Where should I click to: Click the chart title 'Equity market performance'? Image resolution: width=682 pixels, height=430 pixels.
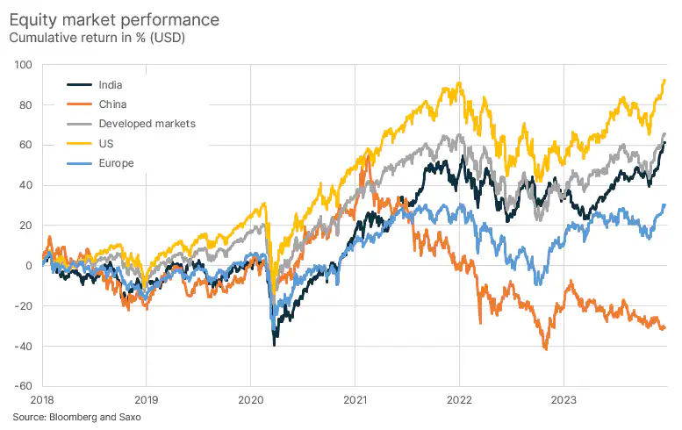[114, 18]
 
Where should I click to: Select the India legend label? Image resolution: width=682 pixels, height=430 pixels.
[111, 85]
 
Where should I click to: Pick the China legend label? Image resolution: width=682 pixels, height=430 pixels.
[113, 104]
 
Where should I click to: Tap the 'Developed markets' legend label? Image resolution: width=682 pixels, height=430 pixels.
[147, 124]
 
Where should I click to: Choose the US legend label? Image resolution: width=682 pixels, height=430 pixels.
[107, 143]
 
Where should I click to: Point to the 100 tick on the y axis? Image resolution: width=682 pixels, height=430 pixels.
[23, 65]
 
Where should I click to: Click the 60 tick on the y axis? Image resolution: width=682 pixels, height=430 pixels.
[25, 146]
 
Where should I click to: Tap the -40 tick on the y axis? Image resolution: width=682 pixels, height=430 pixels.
[24, 346]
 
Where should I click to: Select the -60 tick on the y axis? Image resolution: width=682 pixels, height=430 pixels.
[24, 386]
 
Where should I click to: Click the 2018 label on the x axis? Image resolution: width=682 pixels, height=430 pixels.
[42, 398]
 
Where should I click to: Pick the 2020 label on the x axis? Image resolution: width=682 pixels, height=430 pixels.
[250, 398]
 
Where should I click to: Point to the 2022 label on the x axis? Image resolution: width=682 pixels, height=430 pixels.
[459, 398]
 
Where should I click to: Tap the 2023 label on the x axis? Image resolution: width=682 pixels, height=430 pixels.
[563, 398]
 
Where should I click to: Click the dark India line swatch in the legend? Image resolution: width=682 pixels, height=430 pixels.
[80, 85]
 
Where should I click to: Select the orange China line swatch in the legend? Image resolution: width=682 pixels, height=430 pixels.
[80, 104]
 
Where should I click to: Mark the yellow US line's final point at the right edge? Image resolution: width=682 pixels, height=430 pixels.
[664, 80]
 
